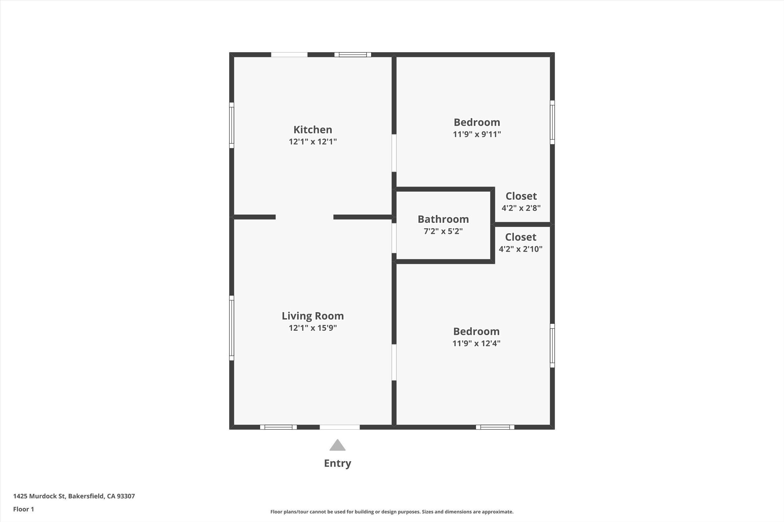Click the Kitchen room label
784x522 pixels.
click(312, 130)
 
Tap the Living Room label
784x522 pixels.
click(312, 316)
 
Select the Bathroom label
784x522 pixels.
click(443, 219)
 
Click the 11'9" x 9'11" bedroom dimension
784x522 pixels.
click(477, 134)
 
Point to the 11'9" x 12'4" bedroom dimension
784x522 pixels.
click(476, 343)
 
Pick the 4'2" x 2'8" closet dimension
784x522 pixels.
click(521, 208)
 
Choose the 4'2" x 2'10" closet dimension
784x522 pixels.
click(520, 249)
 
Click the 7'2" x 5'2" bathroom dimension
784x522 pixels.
click(443, 231)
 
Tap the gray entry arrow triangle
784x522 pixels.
click(337, 445)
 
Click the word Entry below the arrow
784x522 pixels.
click(337, 463)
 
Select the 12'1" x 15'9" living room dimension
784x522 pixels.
click(312, 328)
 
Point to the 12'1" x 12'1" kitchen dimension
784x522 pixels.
click(312, 142)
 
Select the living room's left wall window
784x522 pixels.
click(232, 328)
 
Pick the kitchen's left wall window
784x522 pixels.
click(232, 125)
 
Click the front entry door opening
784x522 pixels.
click(340, 427)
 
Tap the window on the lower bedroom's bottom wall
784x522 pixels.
click(495, 427)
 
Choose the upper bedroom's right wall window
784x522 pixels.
click(552, 122)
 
